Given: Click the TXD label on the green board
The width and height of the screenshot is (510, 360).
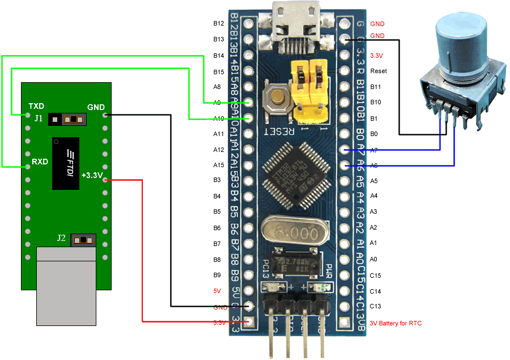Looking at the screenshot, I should [37, 106].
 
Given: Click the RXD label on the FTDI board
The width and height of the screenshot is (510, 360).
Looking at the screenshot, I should [40, 162].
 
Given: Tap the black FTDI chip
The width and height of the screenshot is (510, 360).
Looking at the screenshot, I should [65, 163].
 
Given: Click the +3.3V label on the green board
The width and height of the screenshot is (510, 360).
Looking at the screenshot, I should [92, 175].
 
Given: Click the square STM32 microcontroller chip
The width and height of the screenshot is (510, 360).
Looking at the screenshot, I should [297, 173].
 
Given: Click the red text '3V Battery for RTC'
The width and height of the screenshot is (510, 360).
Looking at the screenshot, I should [396, 323].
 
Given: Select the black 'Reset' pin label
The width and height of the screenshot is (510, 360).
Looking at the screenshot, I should [379, 71].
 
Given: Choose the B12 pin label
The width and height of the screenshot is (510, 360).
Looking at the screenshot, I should [218, 24].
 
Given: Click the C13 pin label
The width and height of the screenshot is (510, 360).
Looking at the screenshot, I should [375, 307].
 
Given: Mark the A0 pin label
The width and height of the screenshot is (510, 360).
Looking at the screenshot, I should [373, 259].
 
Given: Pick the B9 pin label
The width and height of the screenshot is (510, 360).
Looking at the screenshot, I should [217, 275].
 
